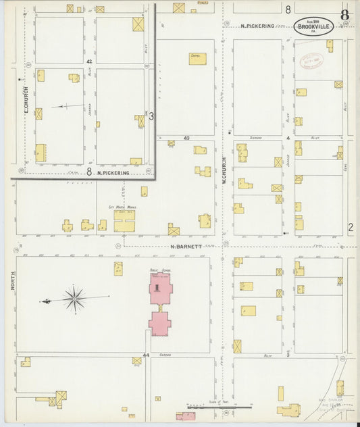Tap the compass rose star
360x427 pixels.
[74, 298]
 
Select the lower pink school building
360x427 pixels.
[160, 322]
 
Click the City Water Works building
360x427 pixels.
[124, 221]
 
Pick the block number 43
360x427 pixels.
[186, 138]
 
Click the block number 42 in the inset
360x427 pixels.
[89, 61]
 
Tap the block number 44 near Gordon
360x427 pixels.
[146, 355]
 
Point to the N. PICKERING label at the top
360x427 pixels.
[257, 26]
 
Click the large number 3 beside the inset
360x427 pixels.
[151, 116]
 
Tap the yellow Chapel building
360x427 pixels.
[197, 59]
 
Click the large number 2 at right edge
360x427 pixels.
[350, 228]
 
